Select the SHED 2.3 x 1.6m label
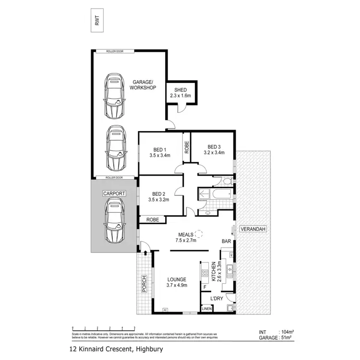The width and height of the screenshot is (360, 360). pos(180,93)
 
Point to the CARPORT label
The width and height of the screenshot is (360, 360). pos(114,193)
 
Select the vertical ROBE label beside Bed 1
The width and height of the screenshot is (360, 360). pos(186,147)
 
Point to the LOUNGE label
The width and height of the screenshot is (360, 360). pos(177,282)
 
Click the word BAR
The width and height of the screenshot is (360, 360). pos(226,242)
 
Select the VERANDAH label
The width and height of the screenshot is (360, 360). pos(253,229)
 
